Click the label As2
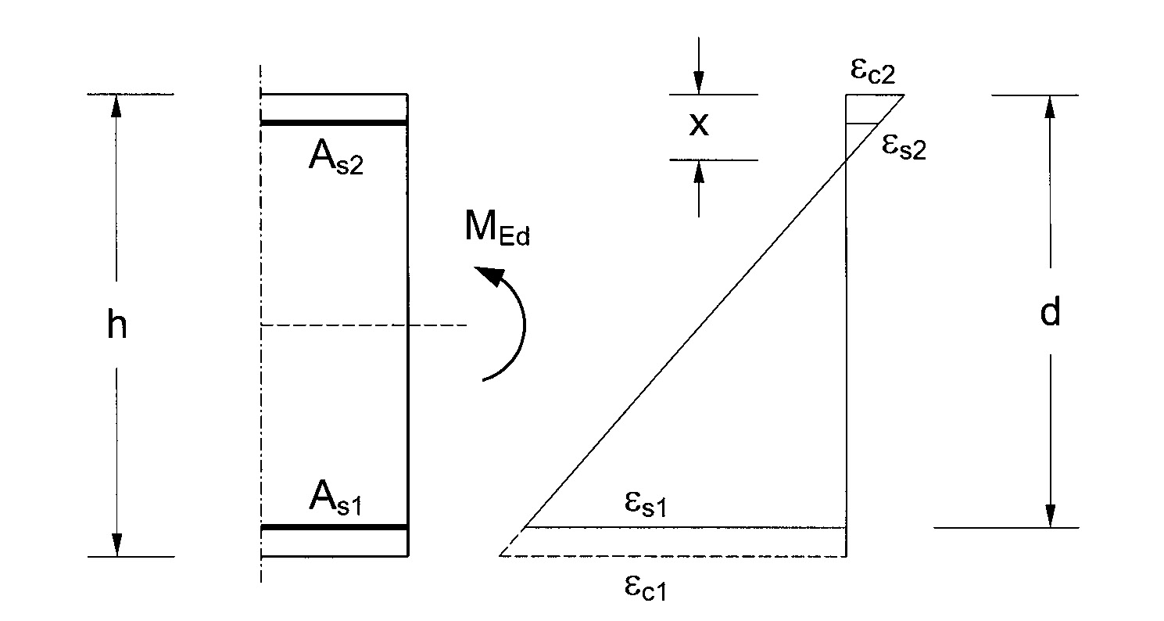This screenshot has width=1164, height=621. [x=336, y=160]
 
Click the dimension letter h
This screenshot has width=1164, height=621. [x=116, y=325]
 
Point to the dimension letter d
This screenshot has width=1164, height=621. [x=1050, y=313]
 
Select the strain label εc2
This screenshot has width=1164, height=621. [x=872, y=72]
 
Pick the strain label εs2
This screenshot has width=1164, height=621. [x=903, y=146]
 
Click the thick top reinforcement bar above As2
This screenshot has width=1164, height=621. [x=334, y=123]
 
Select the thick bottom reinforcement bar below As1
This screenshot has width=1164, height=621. [x=334, y=527]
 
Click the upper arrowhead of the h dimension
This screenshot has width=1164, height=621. [x=116, y=106]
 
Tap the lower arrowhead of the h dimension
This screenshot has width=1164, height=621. [x=116, y=544]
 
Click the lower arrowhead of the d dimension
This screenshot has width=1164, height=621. [x=1051, y=515]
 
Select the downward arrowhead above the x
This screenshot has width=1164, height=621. [x=698, y=83]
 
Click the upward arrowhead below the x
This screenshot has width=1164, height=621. [x=698, y=171]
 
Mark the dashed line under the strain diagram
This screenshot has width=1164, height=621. [x=672, y=556]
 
